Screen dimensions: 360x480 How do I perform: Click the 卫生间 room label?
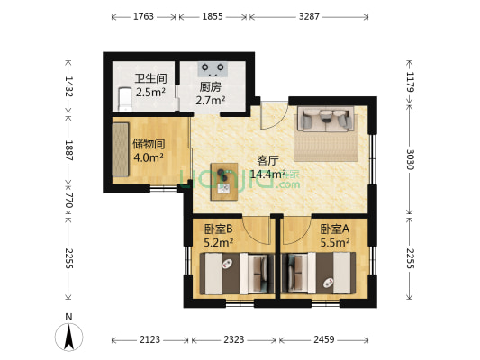point(149,78)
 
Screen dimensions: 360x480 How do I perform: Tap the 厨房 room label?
point(210,87)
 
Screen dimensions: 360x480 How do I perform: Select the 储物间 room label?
point(148,143)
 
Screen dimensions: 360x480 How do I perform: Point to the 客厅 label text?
point(268,161)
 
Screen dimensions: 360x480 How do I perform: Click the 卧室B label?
point(218,229)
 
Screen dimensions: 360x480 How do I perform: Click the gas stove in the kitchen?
point(213,67)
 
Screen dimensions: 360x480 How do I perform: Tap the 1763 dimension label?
point(144,16)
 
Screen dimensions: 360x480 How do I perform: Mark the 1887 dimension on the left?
point(67,149)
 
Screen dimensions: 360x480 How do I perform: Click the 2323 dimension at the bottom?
point(234,339)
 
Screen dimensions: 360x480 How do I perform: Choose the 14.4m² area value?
point(268,175)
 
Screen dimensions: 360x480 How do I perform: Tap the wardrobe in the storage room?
point(121,152)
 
